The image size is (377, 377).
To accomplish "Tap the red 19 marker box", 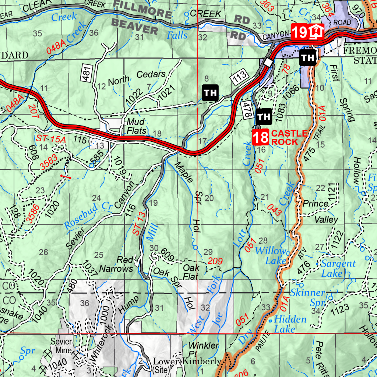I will (299, 32).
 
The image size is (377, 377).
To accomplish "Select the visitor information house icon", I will (315, 32).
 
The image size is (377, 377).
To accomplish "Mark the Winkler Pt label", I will (204, 350).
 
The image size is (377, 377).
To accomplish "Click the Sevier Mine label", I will (61, 345).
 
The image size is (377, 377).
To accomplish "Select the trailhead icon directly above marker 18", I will (264, 117).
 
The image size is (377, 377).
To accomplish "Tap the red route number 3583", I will (49, 162).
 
